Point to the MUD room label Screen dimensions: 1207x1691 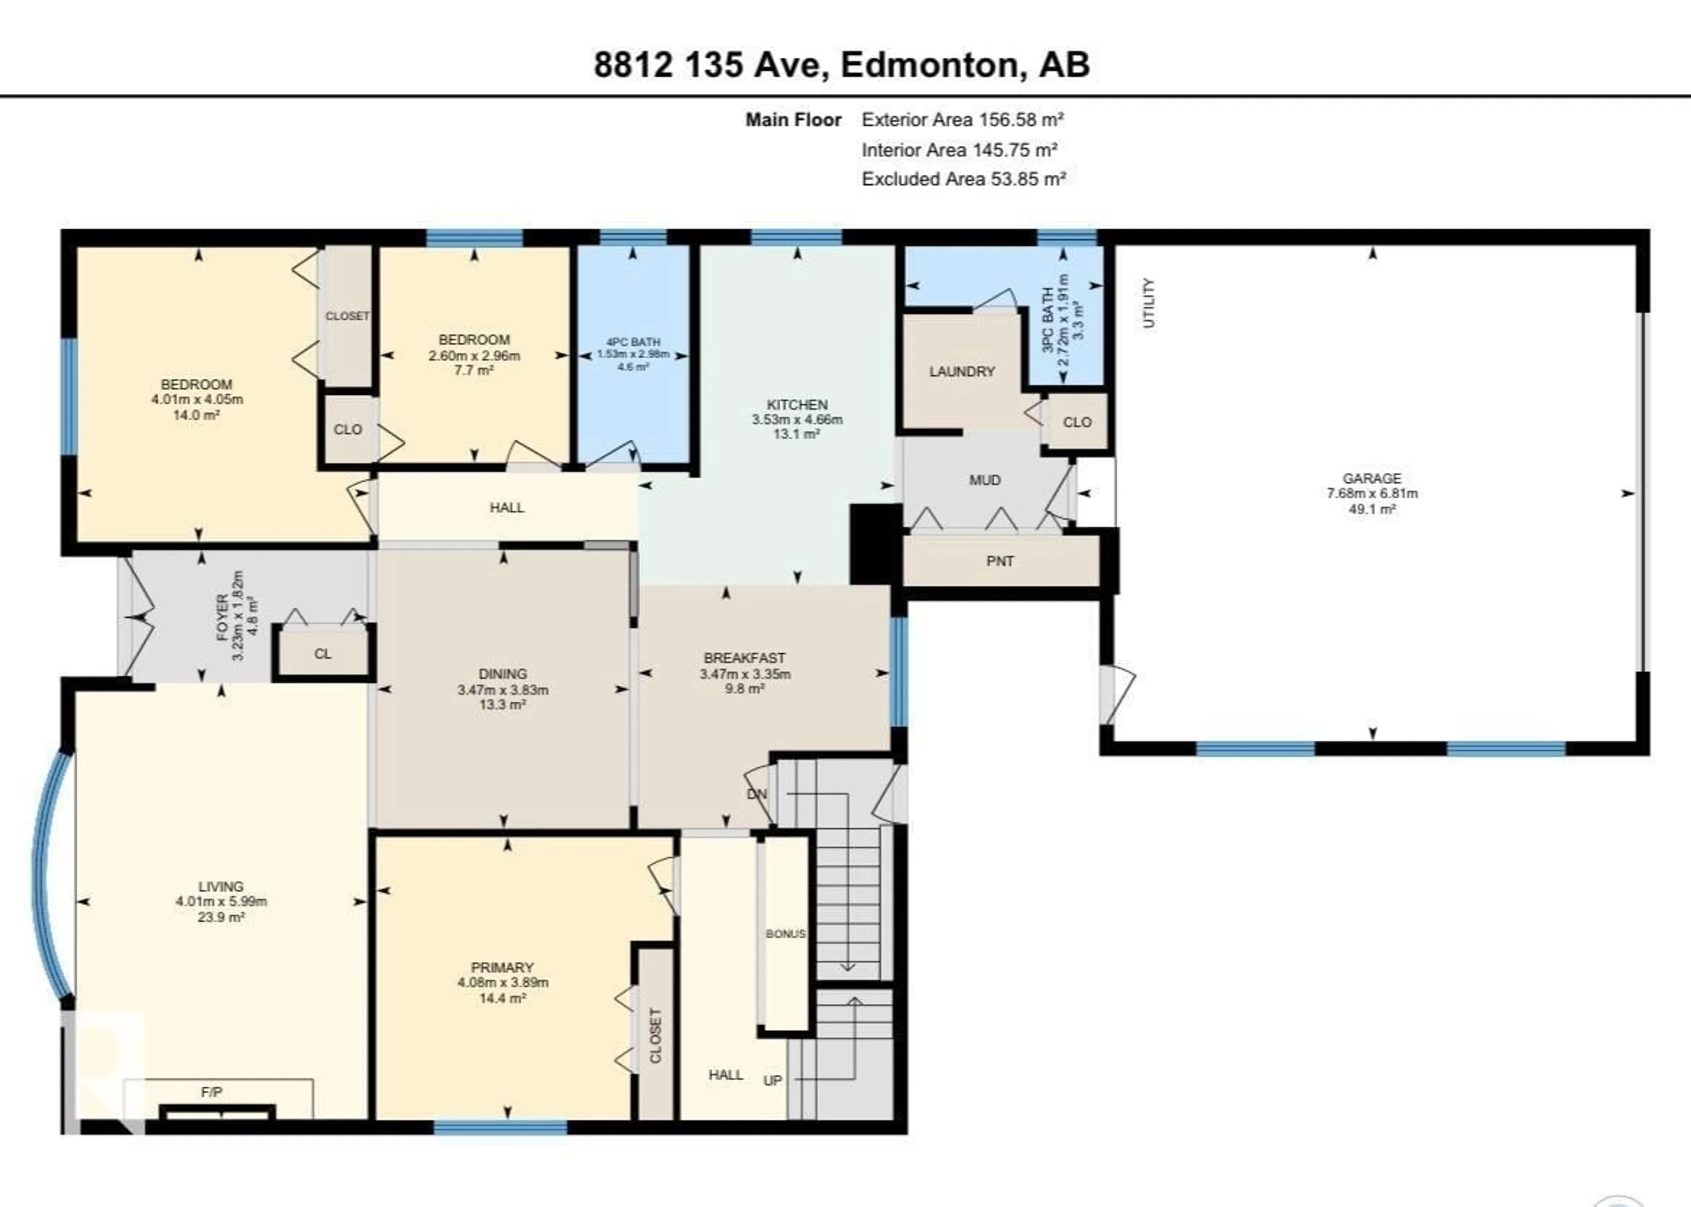tap(985, 480)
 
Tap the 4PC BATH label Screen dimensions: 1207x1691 tap(633, 342)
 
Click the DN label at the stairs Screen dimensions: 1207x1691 tap(757, 794)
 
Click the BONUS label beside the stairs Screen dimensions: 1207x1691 tap(785, 933)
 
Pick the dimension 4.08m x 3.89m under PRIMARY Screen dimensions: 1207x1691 tap(502, 982)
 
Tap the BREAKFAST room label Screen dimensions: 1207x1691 tap(745, 658)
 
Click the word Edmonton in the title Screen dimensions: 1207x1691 tap(929, 65)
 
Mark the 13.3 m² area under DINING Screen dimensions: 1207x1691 tap(502, 704)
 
